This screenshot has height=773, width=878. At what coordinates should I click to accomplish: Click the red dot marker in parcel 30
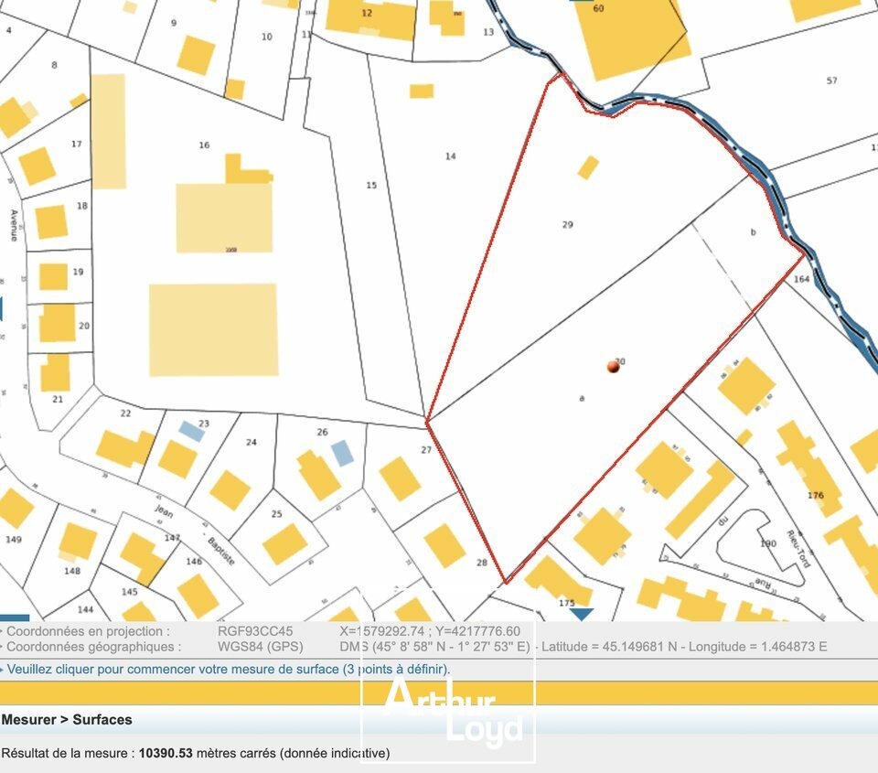click(613, 367)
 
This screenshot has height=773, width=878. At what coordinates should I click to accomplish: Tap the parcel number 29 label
click(567, 224)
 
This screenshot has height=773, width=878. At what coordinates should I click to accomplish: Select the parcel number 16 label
click(204, 145)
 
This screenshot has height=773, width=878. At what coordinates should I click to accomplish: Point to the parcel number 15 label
click(371, 186)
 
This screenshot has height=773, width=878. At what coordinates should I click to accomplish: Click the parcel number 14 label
click(450, 156)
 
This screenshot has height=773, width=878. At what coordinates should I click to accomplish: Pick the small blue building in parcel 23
click(191, 430)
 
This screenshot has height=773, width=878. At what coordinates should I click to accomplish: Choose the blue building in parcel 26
click(341, 452)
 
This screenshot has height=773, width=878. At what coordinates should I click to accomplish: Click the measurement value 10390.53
click(166, 753)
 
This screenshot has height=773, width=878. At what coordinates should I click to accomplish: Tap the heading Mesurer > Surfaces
click(67, 720)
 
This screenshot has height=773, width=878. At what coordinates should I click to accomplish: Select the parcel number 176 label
click(816, 496)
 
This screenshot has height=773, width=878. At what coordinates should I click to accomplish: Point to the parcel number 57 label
click(831, 81)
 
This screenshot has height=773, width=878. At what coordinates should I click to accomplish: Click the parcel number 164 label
click(802, 279)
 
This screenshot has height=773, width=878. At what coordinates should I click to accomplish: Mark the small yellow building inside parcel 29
click(588, 167)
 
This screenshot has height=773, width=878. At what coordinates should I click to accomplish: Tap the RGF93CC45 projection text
click(255, 631)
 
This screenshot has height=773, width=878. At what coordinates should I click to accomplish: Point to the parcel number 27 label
click(426, 449)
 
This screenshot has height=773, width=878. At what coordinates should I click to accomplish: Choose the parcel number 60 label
click(599, 8)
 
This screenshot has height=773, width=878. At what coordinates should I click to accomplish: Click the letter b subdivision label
click(753, 232)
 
